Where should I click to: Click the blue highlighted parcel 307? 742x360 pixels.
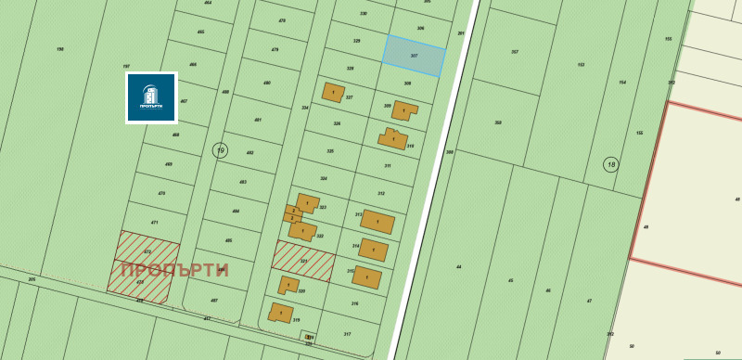click(414, 56)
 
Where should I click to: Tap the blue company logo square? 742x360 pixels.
click(151, 97)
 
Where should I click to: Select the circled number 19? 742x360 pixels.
click(220, 150)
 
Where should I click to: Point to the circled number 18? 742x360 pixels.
click(610, 164)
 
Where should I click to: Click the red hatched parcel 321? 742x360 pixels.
click(302, 260)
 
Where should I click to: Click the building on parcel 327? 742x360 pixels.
click(333, 93)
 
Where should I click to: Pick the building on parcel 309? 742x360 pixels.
click(403, 110)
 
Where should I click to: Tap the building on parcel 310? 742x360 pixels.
click(393, 139)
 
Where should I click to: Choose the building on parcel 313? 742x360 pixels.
click(377, 222)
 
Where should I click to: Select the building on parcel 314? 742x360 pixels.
click(373, 250)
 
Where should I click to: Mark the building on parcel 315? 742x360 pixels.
click(367, 277)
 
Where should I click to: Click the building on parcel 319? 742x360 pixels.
click(280, 314)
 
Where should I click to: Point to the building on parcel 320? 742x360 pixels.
click(288, 285)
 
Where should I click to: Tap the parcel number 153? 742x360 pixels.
click(581, 65)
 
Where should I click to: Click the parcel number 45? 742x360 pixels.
click(510, 280)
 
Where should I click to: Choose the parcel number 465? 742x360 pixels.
click(200, 32)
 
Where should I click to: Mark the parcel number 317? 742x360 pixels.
click(347, 334)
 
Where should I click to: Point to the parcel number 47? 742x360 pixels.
click(589, 301)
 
